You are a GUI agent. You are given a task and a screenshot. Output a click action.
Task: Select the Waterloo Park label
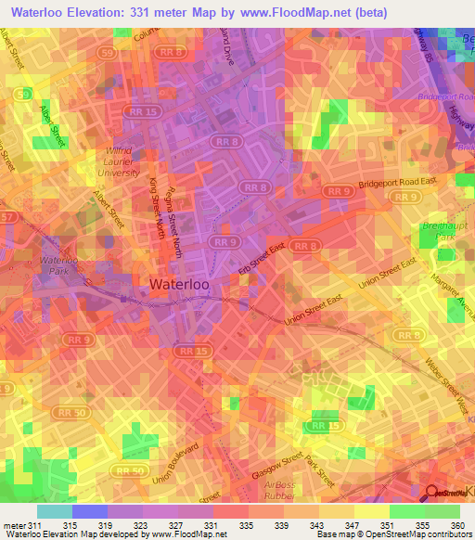coord(59,266)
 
